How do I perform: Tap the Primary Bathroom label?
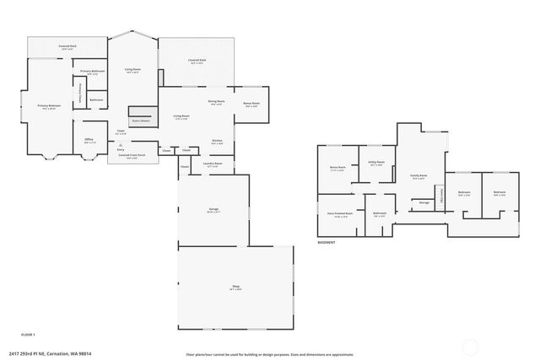pos(92,72)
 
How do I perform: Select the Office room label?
pos(89,141)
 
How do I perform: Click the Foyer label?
pos(121,132)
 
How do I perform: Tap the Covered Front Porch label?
pos(131,156)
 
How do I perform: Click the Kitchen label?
pos(217,141)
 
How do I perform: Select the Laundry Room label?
pos(214,164)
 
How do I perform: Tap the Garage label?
pos(213,210)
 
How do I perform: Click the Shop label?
pos(236,288)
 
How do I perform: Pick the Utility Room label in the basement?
pos(376,163)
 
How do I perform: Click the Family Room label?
pos(418,176)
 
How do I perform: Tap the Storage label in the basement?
pos(424,202)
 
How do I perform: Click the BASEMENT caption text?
pos(327,243)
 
